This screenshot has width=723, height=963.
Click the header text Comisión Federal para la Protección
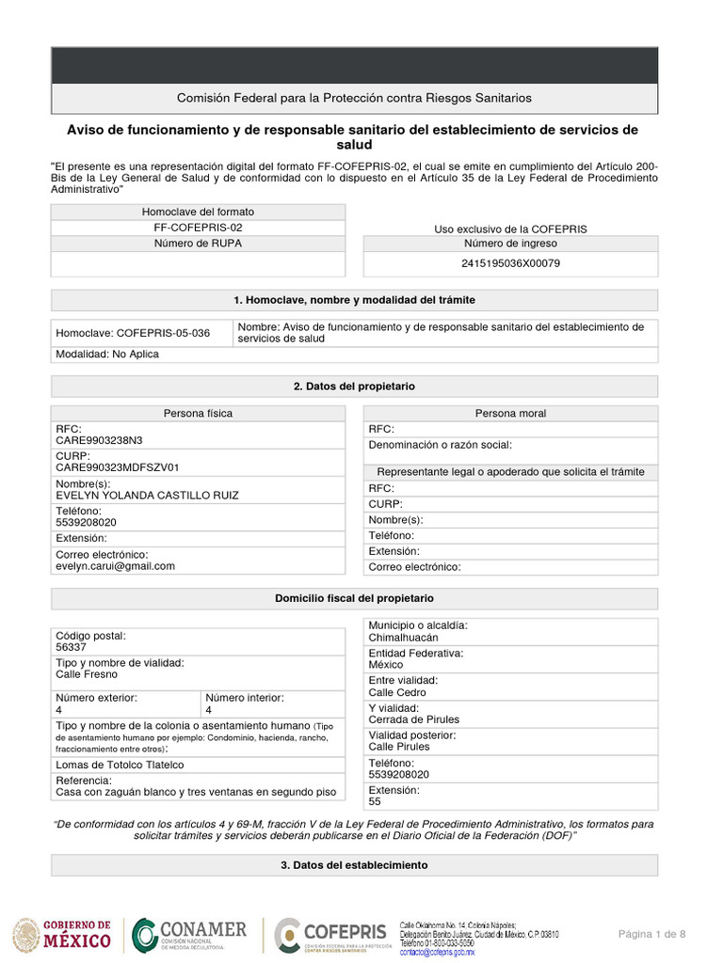pos(354,98)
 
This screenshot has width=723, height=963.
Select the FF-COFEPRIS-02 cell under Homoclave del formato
pos(198,228)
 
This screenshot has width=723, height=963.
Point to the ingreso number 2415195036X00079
pos(510,263)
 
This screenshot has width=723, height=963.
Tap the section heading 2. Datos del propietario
pos(354,387)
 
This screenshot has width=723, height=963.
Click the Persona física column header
pos(198,413)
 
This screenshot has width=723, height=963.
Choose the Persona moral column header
pos(510,413)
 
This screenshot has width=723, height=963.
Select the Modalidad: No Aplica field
pos(107,355)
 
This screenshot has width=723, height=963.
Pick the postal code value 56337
pos(72,648)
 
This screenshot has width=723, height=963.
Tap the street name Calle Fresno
pos(87,674)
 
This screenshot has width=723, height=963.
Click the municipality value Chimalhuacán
pos(403,638)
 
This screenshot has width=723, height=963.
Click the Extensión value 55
pos(375,801)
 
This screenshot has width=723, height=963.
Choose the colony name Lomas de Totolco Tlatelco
pos(120,766)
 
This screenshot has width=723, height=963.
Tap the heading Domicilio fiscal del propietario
pos(354,598)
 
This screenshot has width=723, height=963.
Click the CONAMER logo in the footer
pos(189,935)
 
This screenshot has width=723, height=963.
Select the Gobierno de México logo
pos(62,935)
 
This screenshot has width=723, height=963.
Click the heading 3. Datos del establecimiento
pos(354,865)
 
